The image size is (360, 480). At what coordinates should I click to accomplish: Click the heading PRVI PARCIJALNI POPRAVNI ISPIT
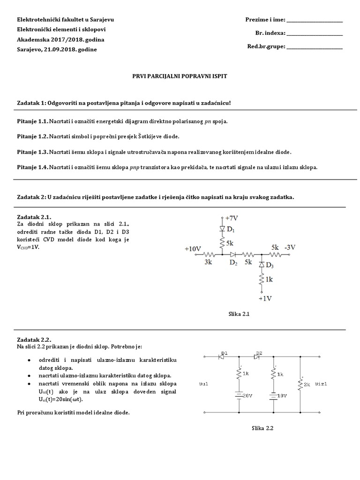coord(180,75)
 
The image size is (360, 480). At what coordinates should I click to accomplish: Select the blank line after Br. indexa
coord(314,35)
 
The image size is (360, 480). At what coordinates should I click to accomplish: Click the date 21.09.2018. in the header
coord(60,50)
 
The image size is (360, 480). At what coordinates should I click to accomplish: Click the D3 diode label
coord(270,266)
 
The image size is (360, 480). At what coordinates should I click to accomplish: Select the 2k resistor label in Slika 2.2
coord(307,384)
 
